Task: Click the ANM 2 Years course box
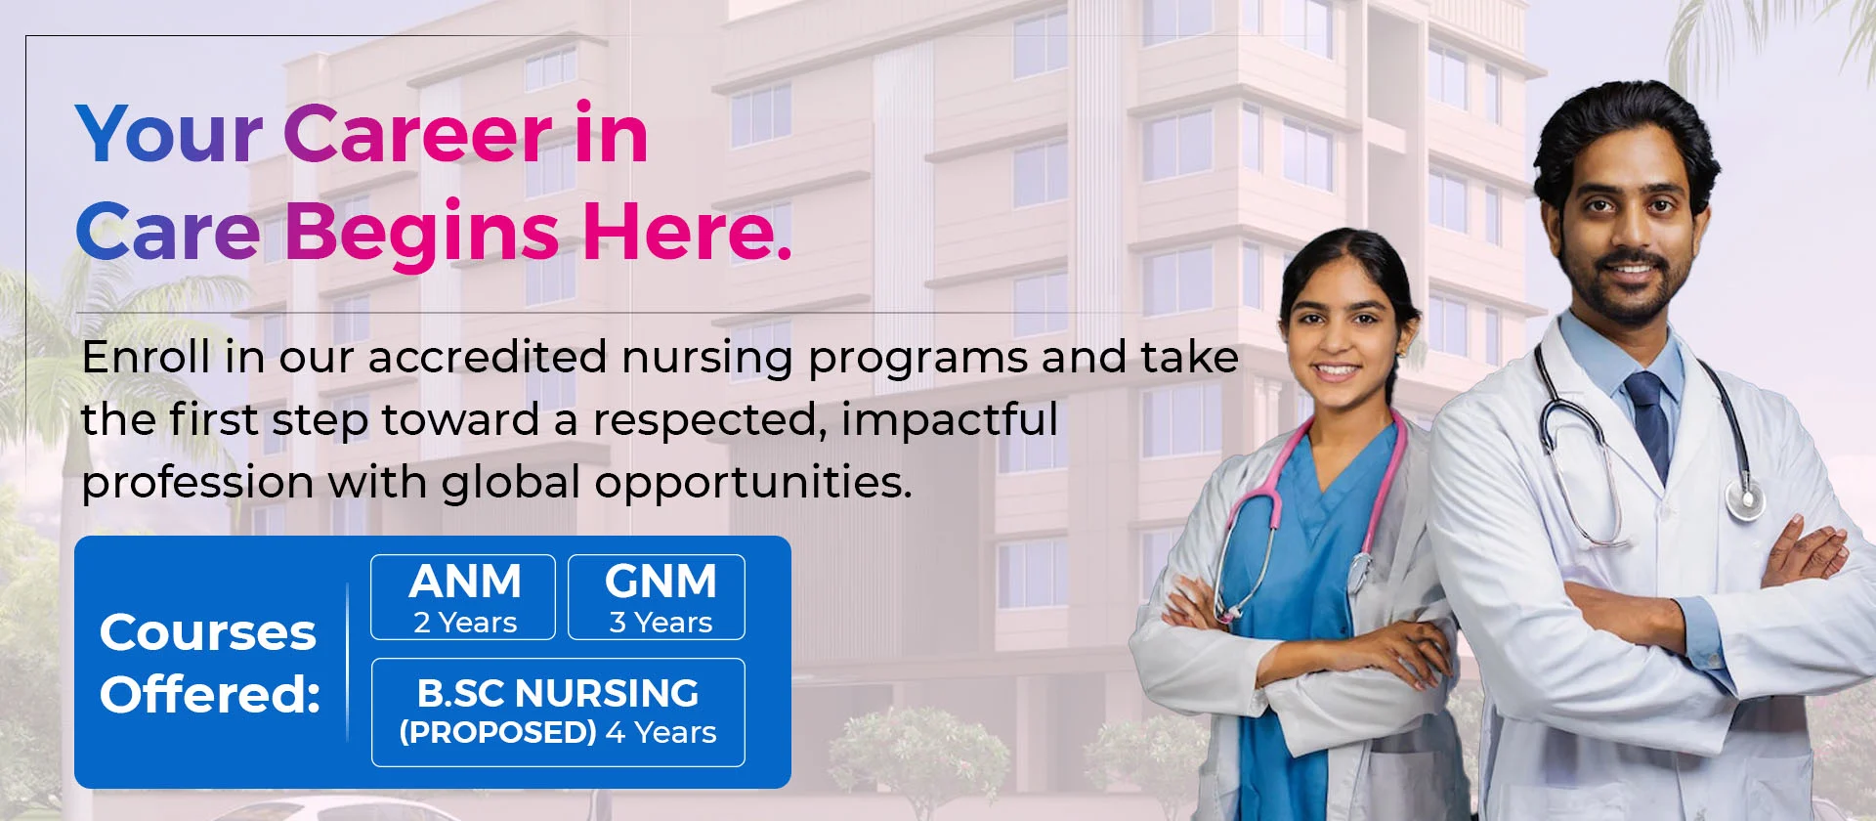(x=463, y=597)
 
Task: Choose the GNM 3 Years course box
(x=657, y=597)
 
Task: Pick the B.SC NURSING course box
(x=558, y=712)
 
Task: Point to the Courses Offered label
(x=209, y=663)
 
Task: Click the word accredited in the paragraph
(x=488, y=357)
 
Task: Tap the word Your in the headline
(x=168, y=135)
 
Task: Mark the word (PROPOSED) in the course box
(x=497, y=732)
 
